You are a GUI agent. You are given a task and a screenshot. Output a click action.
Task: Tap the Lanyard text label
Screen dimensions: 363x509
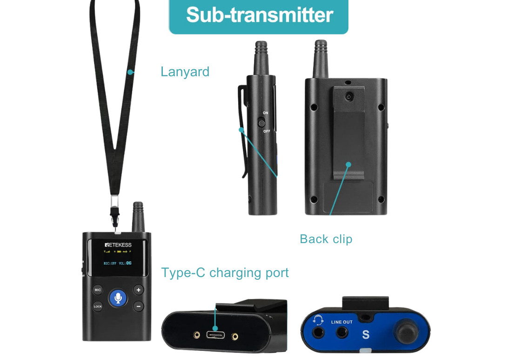185,72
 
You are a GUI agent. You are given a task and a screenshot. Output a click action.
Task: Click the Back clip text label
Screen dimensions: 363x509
326,239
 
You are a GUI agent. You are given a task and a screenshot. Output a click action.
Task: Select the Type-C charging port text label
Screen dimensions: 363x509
225,272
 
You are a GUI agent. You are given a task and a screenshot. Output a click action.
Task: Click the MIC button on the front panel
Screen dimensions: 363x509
98,290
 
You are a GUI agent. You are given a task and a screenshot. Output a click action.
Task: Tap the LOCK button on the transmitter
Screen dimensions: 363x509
98,306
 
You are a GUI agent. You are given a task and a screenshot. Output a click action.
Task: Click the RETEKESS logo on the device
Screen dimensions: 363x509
118,245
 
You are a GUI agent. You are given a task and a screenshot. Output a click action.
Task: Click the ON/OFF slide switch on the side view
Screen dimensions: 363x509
261,123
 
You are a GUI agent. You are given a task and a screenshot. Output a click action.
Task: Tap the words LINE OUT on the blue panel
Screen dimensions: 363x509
342,322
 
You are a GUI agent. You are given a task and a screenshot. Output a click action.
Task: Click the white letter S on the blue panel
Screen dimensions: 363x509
365,334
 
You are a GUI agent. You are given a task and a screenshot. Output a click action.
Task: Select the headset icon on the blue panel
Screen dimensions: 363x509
319,320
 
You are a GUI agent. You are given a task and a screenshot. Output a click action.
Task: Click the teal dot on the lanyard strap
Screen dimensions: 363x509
130,72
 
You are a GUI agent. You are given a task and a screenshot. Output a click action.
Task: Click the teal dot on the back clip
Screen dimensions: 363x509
348,164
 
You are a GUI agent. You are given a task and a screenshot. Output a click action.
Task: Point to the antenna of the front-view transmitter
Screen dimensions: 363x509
138,216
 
